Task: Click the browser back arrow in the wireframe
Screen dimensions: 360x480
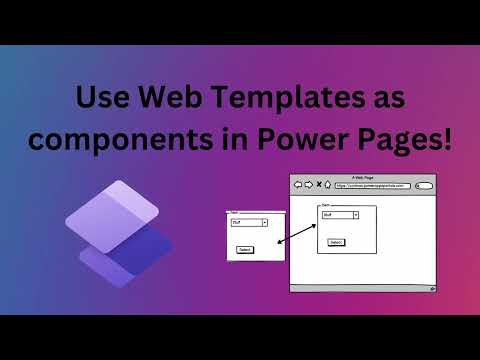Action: [x=298, y=185]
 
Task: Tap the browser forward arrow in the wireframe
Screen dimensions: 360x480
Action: [x=308, y=185]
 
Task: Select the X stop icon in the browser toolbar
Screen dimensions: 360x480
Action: [x=318, y=185]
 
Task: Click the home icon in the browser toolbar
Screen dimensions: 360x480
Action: [x=328, y=185]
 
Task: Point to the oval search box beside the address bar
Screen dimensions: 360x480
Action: [x=424, y=185]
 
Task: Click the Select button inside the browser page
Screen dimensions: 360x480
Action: [x=336, y=242]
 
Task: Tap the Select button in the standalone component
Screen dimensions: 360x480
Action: [x=245, y=249]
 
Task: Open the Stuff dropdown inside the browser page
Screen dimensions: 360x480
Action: [x=339, y=214]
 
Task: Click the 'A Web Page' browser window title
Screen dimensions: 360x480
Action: [x=364, y=176]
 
